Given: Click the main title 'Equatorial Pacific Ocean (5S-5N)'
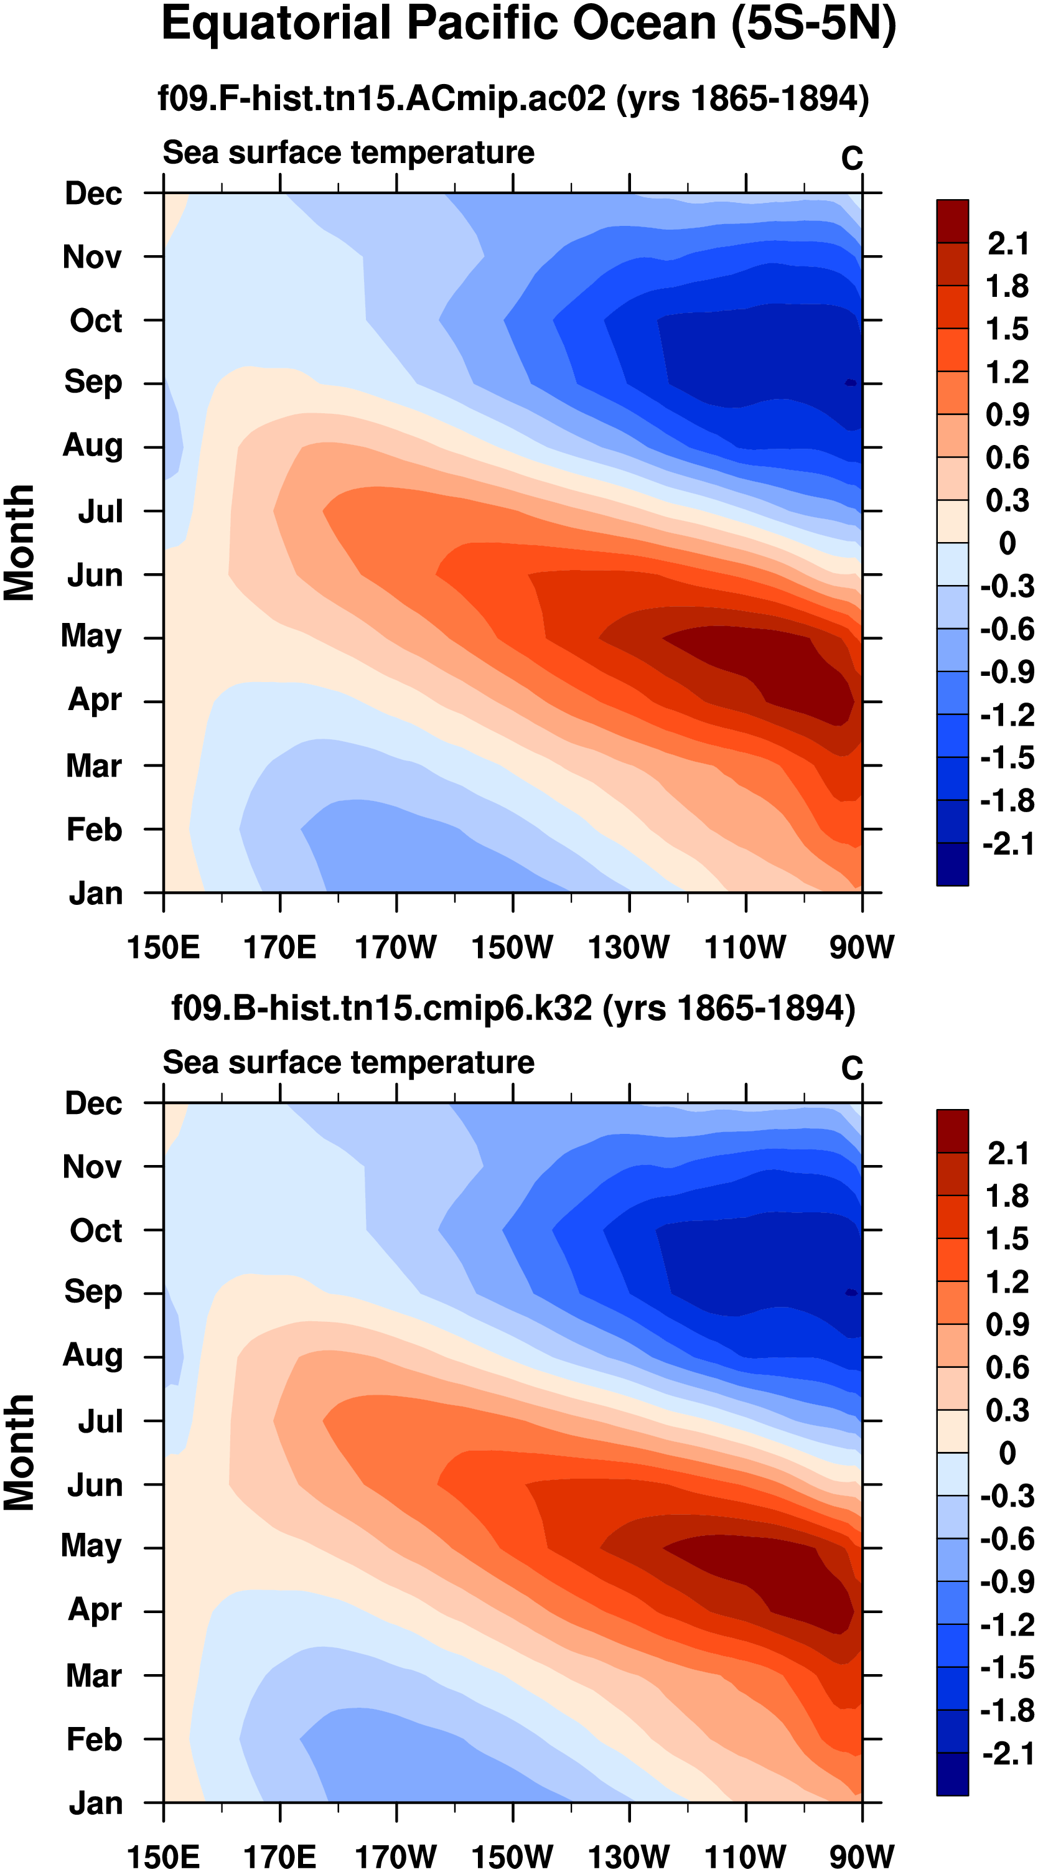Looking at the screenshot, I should (x=528, y=25).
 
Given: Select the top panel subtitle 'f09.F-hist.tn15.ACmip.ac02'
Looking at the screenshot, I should (x=381, y=99).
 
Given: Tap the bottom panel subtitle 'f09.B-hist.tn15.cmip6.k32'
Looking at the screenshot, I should (x=381, y=1009).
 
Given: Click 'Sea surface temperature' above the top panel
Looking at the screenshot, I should (x=348, y=153).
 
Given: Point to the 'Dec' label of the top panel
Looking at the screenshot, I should (x=93, y=194).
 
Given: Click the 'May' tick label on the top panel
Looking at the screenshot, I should (x=91, y=637).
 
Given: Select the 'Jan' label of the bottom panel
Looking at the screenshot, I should (x=95, y=1804).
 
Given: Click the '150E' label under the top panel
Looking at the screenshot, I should (x=163, y=948).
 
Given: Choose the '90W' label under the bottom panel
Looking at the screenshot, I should (x=861, y=1856).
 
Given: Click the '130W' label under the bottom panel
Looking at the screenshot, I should (x=629, y=1856).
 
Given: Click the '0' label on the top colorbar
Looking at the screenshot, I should (x=1008, y=543).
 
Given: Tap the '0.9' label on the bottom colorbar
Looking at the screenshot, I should (x=1008, y=1325).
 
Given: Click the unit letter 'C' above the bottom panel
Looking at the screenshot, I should (x=851, y=1069).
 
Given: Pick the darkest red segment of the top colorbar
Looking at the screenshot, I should (x=952, y=221).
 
